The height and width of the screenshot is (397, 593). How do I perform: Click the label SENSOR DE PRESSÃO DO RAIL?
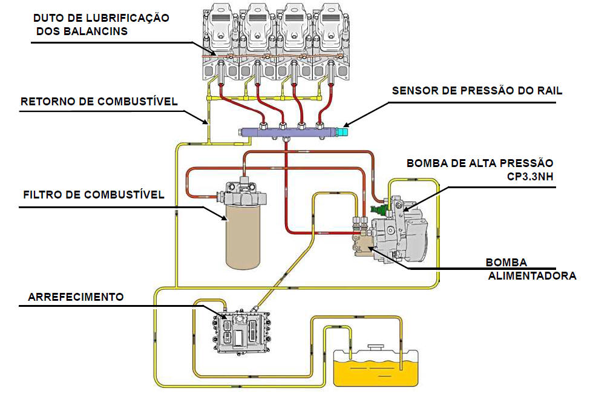(477, 91)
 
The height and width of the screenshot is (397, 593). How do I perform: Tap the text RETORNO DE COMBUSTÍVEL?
(99, 101)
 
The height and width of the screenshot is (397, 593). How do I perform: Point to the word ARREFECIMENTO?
(76, 297)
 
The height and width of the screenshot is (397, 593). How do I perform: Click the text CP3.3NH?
(530, 177)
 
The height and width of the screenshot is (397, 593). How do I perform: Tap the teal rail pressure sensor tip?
(344, 130)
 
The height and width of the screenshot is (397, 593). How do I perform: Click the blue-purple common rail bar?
(290, 131)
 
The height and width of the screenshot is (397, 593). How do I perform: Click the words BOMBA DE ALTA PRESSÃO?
(480, 163)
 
